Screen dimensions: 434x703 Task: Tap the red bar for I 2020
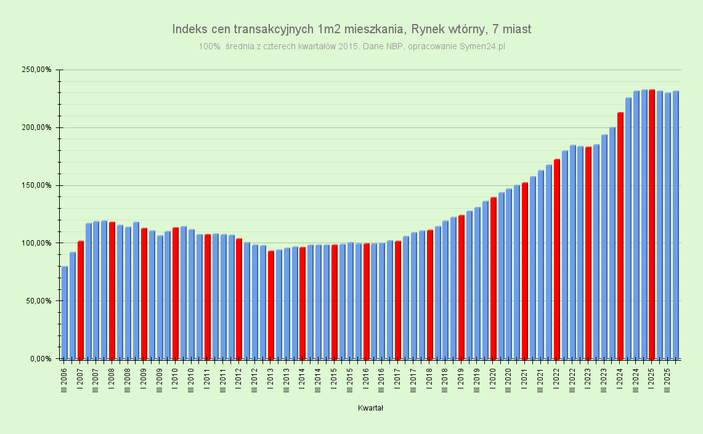494,278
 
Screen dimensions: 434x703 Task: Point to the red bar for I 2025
652,224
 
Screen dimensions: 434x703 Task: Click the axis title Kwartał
371,408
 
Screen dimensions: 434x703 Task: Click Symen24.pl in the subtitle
482,46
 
